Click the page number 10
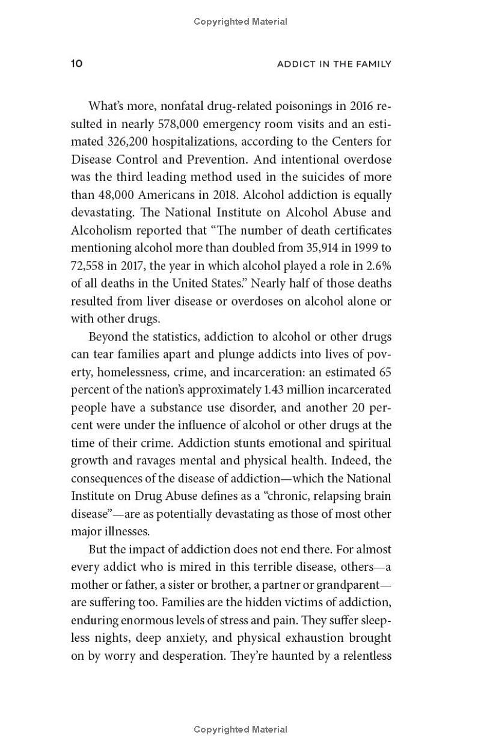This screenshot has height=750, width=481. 76,64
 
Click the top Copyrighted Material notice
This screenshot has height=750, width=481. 240,22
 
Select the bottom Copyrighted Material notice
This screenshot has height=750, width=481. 240,730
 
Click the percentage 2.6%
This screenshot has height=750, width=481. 379,266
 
